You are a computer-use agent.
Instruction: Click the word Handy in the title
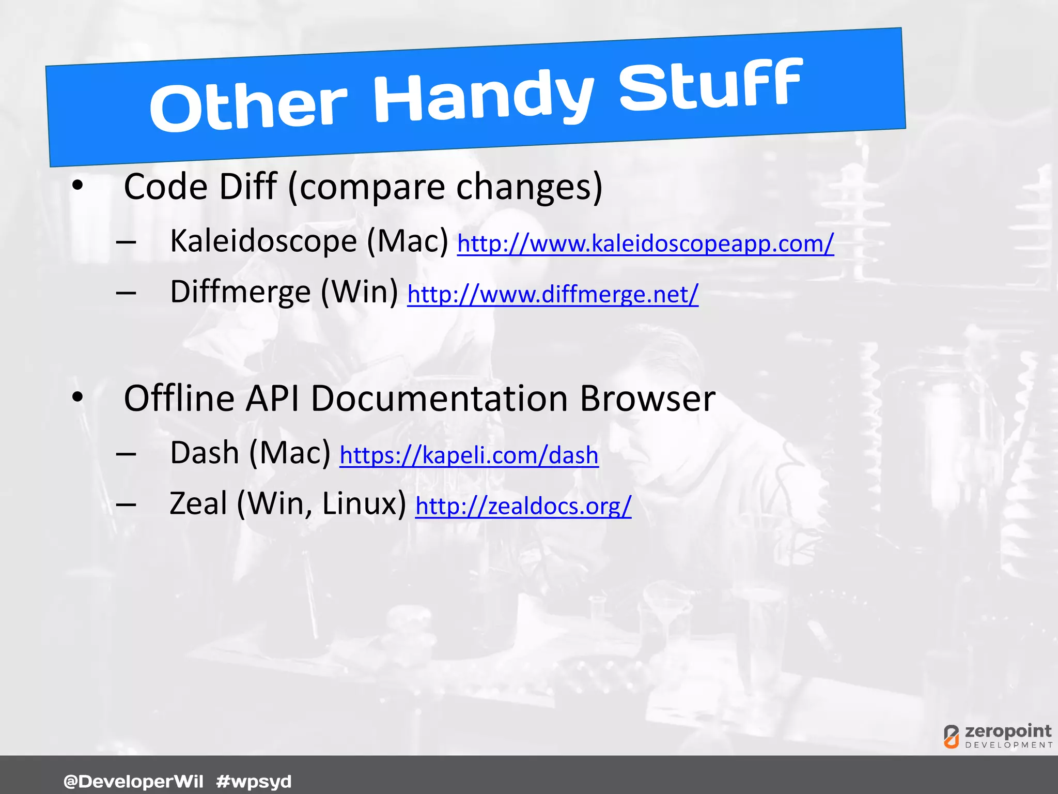coord(483,97)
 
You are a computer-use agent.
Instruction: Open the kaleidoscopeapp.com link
coord(645,243)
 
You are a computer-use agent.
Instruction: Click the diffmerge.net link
coord(553,294)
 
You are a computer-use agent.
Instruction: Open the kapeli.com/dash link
coord(469,455)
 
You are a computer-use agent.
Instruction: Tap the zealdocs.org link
coord(523,506)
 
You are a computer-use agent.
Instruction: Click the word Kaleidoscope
coord(263,241)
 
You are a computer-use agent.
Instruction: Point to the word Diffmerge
coord(240,292)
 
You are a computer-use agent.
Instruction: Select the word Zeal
coord(198,503)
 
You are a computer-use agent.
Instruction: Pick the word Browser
coord(647,399)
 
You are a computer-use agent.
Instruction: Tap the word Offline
coord(179,399)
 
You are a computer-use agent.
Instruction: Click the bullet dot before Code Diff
coord(77,186)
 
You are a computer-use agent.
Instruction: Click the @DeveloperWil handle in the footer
coord(133,781)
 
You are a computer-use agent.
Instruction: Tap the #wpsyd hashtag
coord(254,781)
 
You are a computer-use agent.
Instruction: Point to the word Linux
coord(364,503)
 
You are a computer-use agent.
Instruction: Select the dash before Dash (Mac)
coord(126,454)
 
